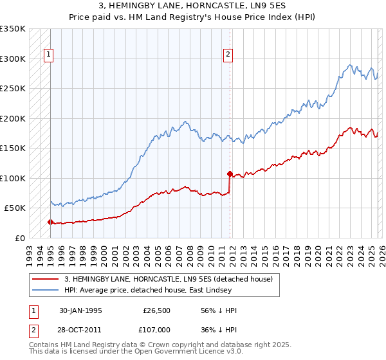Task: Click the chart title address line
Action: coord(192,6)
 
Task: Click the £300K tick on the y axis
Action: coord(13,59)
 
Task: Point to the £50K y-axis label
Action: coord(15,208)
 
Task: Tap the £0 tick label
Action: coord(19,238)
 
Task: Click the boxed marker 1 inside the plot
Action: coord(49,55)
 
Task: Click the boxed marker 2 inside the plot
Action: coord(228,55)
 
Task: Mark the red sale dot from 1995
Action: coord(50,222)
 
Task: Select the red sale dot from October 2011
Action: coord(229,174)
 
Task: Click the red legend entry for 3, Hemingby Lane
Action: coord(169,279)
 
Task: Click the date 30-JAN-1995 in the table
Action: coord(80,310)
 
